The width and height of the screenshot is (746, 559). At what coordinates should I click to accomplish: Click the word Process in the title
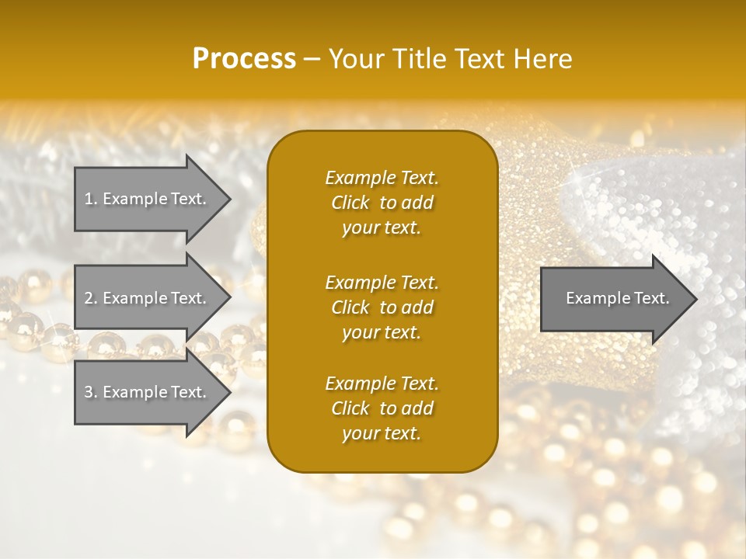pyautogui.click(x=244, y=59)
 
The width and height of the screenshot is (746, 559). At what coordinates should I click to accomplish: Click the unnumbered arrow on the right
pyautogui.click(x=614, y=298)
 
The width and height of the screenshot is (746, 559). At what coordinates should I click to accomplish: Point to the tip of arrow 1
pyautogui.click(x=228, y=199)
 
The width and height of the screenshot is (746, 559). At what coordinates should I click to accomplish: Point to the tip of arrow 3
pyautogui.click(x=228, y=392)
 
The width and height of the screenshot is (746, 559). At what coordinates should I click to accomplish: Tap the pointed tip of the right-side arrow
pyautogui.click(x=695, y=299)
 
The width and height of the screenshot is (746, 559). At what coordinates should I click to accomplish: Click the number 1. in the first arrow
pyautogui.click(x=91, y=199)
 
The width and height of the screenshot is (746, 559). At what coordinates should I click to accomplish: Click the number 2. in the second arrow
pyautogui.click(x=91, y=298)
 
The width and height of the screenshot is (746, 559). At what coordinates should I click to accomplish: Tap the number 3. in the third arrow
pyautogui.click(x=91, y=392)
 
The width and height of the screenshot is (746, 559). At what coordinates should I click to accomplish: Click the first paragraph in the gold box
pyautogui.click(x=382, y=203)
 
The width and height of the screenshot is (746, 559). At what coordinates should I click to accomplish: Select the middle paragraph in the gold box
pyautogui.click(x=382, y=307)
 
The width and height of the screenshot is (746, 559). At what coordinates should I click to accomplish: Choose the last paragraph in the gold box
pyautogui.click(x=382, y=408)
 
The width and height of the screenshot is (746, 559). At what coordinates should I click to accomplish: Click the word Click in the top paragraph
pyautogui.click(x=350, y=203)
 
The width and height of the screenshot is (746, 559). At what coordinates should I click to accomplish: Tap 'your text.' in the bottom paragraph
pyautogui.click(x=382, y=433)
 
